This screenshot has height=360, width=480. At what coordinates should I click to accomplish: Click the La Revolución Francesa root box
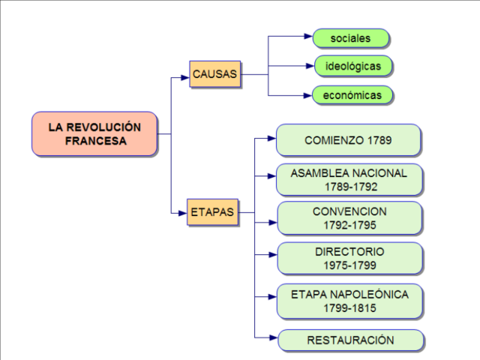(94, 134)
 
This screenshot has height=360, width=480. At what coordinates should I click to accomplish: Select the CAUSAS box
(215, 74)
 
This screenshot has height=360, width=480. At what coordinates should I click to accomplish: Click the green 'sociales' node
(350, 38)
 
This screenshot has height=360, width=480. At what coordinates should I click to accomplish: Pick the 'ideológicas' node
(352, 66)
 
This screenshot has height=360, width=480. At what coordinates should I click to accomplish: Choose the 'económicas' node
(352, 95)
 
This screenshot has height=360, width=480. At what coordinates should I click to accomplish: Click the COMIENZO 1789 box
(348, 140)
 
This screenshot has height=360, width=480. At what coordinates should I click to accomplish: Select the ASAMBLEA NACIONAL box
(349, 179)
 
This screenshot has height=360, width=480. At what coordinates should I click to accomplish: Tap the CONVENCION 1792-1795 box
(349, 218)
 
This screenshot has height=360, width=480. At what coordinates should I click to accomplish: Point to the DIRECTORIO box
(349, 258)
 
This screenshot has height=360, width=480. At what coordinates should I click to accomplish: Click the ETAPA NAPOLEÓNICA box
(349, 301)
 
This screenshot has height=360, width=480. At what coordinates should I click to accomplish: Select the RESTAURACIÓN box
(349, 340)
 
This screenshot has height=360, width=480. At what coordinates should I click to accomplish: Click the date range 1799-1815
(349, 308)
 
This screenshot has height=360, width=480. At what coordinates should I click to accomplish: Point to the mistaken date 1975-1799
(349, 265)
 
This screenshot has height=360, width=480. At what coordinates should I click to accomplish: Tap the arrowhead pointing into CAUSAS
(185, 75)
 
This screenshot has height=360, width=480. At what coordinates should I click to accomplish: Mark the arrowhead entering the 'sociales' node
(307, 36)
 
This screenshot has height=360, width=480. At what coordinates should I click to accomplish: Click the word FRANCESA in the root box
(94, 141)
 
